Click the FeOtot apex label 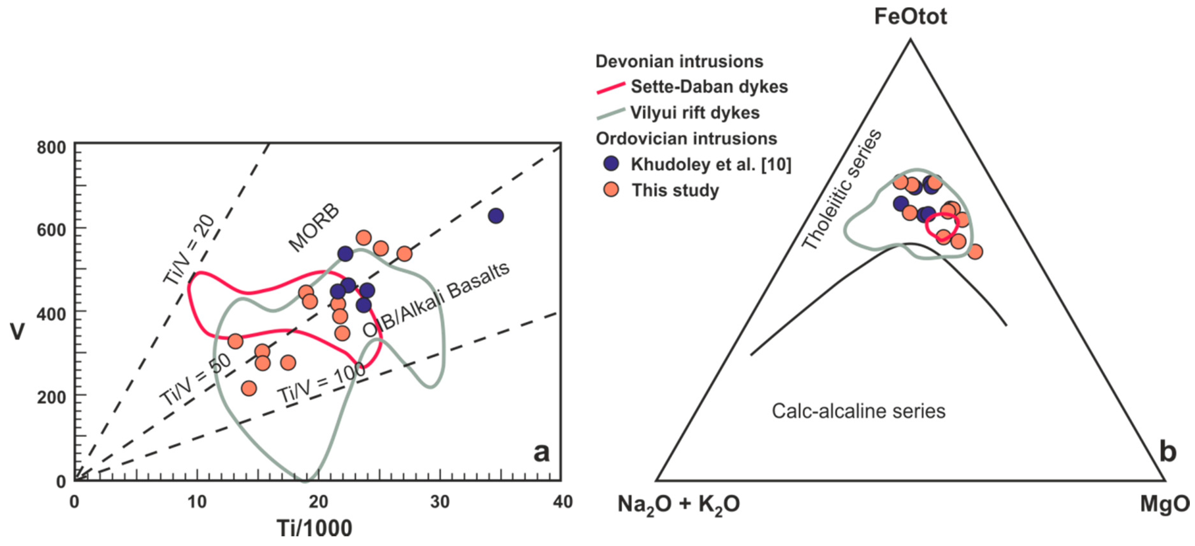[910, 17]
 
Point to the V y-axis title [18, 332]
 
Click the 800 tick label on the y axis [51, 148]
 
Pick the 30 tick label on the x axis [439, 502]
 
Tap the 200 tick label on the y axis [51, 397]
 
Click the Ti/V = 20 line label [189, 249]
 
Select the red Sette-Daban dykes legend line [610, 88]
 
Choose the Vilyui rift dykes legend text [695, 113]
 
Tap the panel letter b [1168, 452]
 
